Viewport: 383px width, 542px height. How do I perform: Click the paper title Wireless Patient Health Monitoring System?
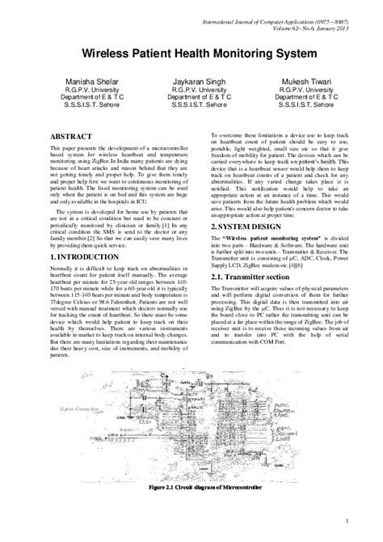pyautogui.click(x=191, y=50)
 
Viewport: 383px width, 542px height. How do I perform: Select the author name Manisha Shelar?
pyautogui.click(x=79, y=82)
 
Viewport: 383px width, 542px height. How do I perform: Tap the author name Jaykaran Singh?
pyautogui.click(x=192, y=82)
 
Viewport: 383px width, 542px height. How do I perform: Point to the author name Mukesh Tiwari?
pyautogui.click(x=305, y=82)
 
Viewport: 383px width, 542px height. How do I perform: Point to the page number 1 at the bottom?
pyautogui.click(x=345, y=519)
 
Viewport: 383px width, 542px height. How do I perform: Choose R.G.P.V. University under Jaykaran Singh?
pyautogui.click(x=192, y=90)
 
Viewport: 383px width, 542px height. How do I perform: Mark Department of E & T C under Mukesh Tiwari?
pyautogui.click(x=305, y=98)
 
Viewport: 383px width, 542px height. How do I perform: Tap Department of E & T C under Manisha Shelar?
pyautogui.click(x=79, y=98)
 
